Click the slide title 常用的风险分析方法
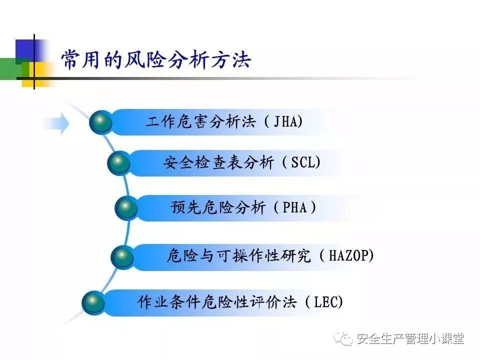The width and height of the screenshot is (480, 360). pyautogui.click(x=156, y=59)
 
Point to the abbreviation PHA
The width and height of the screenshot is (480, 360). pyautogui.click(x=294, y=207)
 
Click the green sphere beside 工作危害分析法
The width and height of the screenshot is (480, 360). pyautogui.click(x=100, y=122)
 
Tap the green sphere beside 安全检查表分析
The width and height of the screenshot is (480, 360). pyautogui.click(x=119, y=163)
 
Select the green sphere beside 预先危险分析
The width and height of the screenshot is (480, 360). pyautogui.click(x=126, y=208)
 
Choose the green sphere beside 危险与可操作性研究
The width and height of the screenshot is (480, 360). pyautogui.click(x=122, y=256)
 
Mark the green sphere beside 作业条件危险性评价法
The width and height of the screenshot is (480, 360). pyautogui.click(x=93, y=302)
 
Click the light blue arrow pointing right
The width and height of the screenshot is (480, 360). pyautogui.click(x=56, y=123)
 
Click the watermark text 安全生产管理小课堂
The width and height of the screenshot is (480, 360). pyautogui.click(x=410, y=339)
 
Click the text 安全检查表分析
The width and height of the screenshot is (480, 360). pyautogui.click(x=218, y=162)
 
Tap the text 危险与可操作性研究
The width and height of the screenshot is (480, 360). pyautogui.click(x=239, y=255)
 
